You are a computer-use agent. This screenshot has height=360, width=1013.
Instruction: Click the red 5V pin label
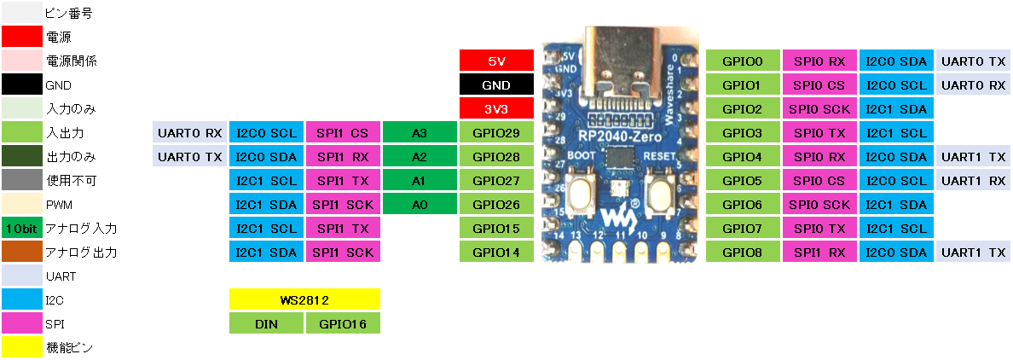click(496, 61)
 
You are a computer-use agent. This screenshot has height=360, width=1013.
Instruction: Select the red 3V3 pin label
click(496, 109)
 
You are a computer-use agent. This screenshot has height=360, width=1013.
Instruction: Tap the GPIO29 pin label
click(496, 133)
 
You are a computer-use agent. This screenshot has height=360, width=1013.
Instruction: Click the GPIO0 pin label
click(743, 61)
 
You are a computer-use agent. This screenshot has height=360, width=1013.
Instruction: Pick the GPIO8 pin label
click(743, 253)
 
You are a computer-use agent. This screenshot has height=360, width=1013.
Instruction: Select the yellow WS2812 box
click(304, 300)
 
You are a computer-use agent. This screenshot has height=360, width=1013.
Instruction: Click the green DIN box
click(266, 324)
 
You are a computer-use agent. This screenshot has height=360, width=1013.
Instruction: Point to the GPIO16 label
click(343, 324)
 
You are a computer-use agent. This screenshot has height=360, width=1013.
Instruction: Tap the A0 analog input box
click(420, 205)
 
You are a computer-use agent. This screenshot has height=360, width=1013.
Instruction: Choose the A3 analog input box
click(420, 133)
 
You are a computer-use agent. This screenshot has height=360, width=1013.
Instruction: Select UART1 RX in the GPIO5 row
click(973, 181)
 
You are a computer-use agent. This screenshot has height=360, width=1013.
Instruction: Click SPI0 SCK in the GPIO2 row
click(819, 109)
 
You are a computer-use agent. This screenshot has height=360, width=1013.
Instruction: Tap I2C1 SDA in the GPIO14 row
click(266, 253)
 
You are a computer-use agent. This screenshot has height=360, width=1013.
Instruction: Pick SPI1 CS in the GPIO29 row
click(343, 133)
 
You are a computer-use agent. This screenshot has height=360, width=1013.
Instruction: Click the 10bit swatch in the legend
click(21, 229)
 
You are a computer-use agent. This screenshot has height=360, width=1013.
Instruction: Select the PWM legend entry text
click(59, 205)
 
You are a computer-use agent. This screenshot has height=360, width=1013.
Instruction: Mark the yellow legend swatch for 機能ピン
click(21, 348)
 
